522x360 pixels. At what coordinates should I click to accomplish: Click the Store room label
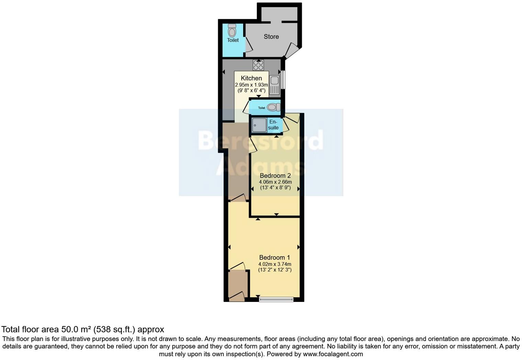[271, 36]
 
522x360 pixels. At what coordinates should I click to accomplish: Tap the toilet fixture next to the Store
[232, 31]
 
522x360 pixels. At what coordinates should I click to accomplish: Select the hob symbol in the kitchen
[258, 65]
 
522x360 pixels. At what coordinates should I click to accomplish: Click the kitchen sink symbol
[274, 85]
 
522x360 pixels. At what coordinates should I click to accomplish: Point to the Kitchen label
[251, 78]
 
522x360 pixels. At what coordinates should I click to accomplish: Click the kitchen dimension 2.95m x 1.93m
[251, 85]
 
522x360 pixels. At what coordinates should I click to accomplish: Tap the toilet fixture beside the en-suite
[273, 107]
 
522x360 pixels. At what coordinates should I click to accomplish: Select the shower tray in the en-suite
[259, 125]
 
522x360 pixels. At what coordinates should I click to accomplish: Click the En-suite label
[273, 125]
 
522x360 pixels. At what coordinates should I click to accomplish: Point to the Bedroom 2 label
[275, 176]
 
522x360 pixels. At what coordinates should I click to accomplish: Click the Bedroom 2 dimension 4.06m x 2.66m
[275, 182]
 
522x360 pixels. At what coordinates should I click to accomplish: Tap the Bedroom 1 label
[274, 257]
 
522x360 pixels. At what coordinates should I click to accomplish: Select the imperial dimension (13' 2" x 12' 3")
[275, 270]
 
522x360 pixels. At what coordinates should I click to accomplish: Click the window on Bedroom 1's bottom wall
[276, 299]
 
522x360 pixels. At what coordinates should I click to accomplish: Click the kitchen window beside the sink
[283, 79]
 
